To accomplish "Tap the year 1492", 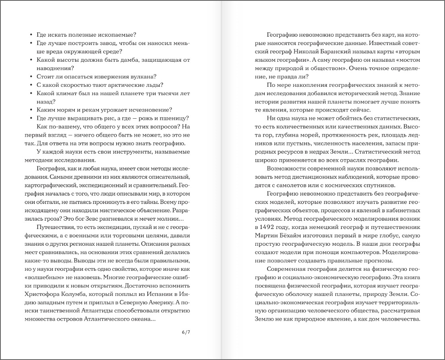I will point(265,227).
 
